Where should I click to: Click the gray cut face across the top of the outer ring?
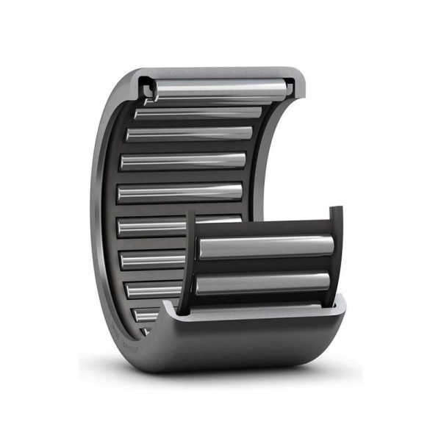coord(220,73)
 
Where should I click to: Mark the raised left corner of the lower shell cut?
coord(171,307)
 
